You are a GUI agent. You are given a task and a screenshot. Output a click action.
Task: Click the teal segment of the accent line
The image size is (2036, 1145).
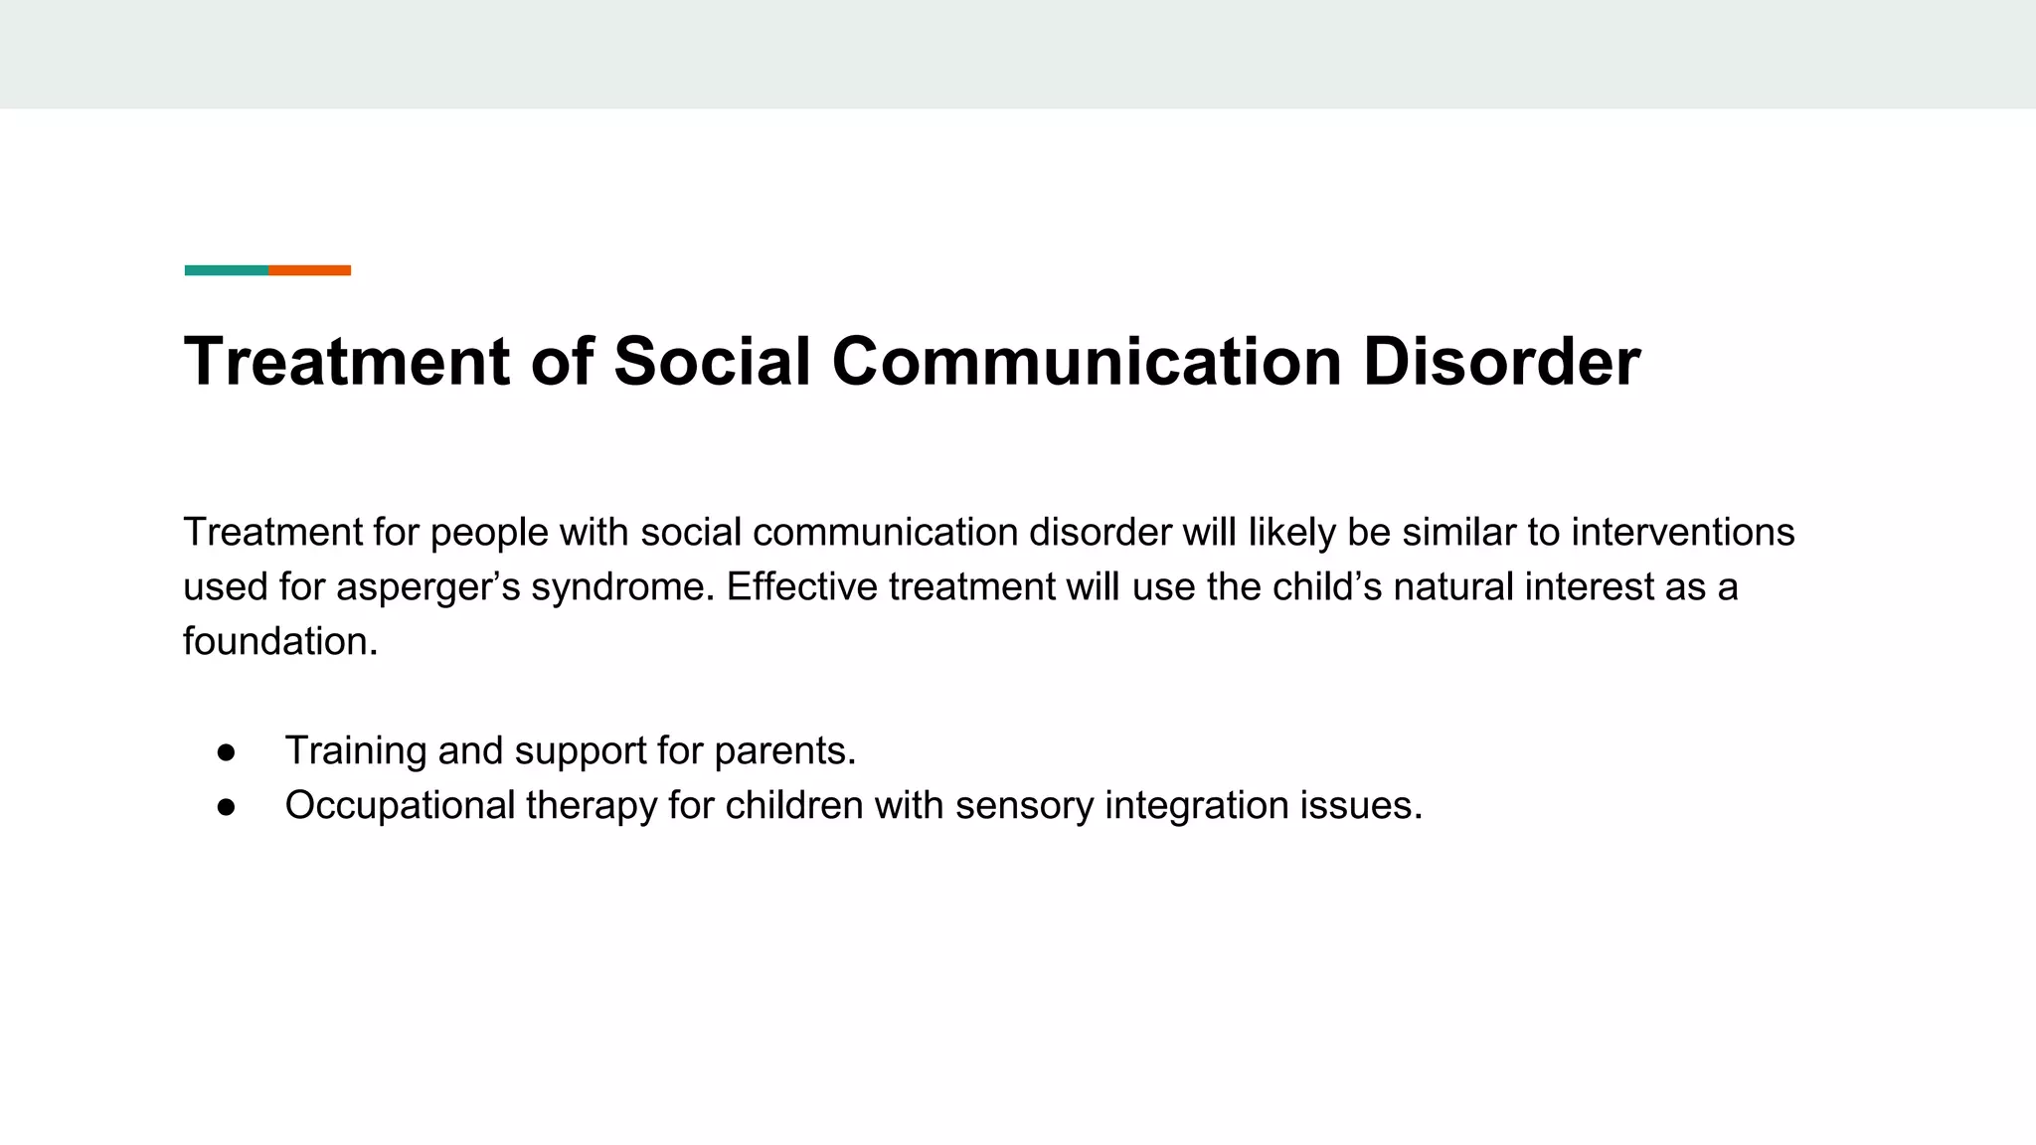226,270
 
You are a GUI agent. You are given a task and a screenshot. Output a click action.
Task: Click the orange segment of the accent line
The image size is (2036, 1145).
309,270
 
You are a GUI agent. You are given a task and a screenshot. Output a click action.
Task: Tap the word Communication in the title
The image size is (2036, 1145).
1087,361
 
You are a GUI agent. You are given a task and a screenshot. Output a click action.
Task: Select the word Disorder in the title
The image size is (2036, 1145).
1501,361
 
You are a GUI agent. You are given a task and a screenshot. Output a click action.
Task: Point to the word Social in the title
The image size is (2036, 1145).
712,361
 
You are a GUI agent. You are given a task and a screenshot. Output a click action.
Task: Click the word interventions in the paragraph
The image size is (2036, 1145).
1683,533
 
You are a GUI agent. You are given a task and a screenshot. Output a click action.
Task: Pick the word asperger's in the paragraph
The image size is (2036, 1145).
427,587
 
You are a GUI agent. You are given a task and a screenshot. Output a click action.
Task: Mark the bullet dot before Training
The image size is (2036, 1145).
227,752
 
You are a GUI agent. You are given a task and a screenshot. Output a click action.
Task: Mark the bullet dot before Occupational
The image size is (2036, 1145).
227,807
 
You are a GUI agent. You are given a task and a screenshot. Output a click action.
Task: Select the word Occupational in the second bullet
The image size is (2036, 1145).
400,806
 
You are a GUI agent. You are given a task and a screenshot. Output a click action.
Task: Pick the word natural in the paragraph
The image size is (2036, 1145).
1453,587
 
